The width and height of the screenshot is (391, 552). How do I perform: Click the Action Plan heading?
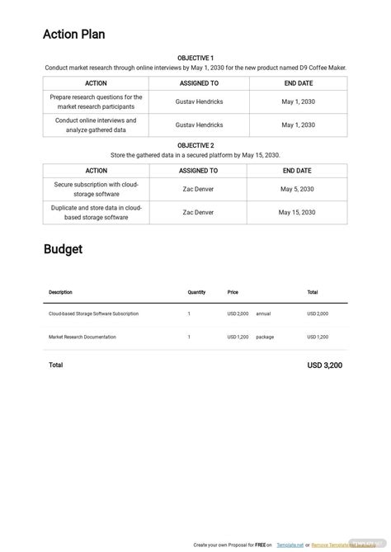coord(74,35)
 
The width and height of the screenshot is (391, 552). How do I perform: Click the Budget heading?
coord(63,249)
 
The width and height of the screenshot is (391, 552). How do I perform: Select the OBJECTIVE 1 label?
coord(195,58)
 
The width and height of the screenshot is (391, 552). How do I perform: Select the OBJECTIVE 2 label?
coord(195,145)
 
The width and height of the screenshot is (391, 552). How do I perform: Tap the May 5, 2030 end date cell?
coord(298,188)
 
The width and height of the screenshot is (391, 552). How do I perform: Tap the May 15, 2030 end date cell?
coord(297,212)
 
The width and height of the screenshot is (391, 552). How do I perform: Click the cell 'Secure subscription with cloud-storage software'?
coord(96,188)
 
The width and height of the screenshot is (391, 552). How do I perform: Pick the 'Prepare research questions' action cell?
coord(96,101)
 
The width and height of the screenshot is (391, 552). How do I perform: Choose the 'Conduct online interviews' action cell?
coord(96,125)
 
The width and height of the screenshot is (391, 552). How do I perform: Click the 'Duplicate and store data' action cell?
coord(96,212)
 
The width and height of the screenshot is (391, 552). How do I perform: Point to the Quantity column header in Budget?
coord(196,292)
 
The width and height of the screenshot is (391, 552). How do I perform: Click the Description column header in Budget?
coord(60,292)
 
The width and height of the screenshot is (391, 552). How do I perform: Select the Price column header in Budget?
coord(233,292)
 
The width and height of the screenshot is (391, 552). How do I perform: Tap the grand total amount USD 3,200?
coord(324,365)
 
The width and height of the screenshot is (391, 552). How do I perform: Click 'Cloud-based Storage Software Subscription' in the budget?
coord(93,314)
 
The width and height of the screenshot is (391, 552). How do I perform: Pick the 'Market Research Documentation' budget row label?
coord(82,337)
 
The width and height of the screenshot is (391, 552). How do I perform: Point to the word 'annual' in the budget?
coord(263,314)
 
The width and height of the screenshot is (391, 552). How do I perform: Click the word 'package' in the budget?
coord(265,337)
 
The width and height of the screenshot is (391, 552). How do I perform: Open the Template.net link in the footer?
coord(290,545)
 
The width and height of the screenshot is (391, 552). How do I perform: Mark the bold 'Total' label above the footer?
coord(55,365)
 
